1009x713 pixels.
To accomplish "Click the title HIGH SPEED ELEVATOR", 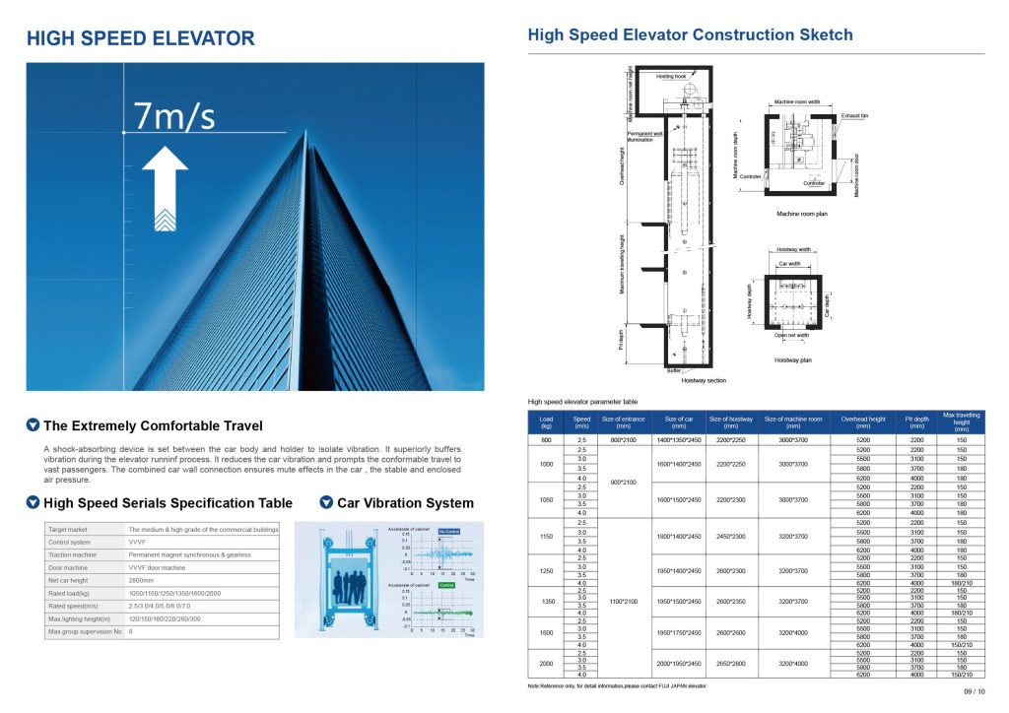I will point(140,39).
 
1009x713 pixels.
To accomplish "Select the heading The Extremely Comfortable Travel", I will point(153,426).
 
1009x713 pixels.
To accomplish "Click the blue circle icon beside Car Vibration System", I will point(326,503).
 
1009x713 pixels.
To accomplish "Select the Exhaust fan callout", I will point(853,115).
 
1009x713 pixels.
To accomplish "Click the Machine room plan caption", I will point(801,214).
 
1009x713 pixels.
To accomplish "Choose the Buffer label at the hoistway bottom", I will point(673,370).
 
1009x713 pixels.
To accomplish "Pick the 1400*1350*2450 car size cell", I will point(676,439).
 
